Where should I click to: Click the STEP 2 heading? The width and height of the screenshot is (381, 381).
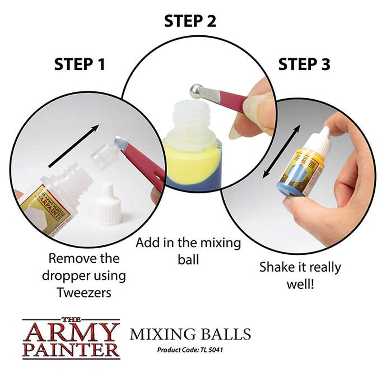[190, 21]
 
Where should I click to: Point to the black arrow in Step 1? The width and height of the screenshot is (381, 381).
[74, 146]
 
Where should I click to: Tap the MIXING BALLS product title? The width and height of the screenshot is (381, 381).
[190, 334]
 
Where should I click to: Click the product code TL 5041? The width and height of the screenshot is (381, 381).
[190, 350]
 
